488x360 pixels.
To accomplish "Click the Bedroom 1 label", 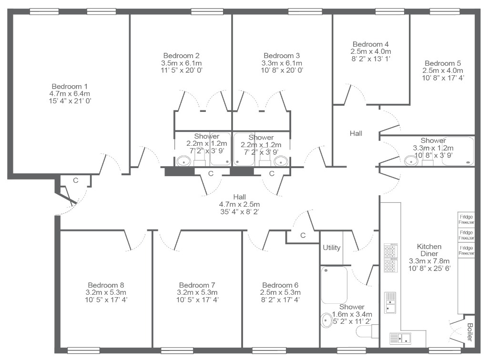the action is tap(70, 86).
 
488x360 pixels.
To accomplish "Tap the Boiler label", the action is tap(470, 332).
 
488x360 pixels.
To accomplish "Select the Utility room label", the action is tap(332, 248).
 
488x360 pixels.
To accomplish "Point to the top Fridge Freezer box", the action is tap(466, 220).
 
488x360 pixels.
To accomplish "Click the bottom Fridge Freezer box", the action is tap(466, 250).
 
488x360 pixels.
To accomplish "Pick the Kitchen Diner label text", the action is tap(429, 250).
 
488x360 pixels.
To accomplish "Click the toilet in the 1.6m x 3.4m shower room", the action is tap(367, 331).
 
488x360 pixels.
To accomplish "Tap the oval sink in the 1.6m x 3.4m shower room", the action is tap(327, 320).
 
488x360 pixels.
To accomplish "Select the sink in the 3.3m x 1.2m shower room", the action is tap(411, 161).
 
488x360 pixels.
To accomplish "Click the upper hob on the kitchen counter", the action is tap(390, 250).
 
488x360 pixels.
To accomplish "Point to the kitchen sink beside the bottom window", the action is tap(400, 338).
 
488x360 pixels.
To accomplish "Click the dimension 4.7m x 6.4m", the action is tap(70, 94).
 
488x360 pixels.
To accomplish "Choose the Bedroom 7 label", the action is tap(197, 285).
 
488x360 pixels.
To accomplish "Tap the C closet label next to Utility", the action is tap(303, 235).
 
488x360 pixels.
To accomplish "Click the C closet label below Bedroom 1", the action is tap(76, 180).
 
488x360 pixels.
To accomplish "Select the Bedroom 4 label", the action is tap(371, 44).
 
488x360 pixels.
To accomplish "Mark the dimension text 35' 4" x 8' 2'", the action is tap(240, 212).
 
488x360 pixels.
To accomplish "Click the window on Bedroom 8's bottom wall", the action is tap(83, 350).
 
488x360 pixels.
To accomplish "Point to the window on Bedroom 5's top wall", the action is tap(445, 11).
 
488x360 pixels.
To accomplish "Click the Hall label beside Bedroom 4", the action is tap(356, 133).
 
